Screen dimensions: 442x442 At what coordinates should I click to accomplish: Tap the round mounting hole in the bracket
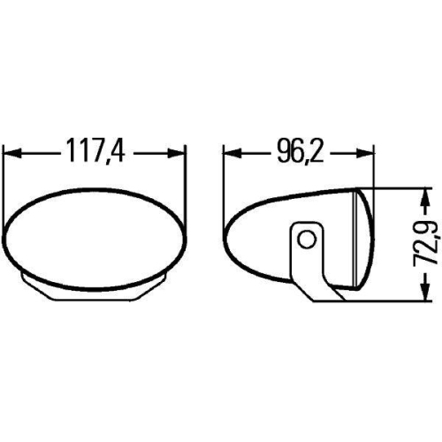[306, 239]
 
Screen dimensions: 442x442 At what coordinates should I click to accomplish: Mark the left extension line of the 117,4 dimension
[5, 177]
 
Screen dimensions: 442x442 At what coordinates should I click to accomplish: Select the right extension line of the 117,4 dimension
[187, 177]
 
